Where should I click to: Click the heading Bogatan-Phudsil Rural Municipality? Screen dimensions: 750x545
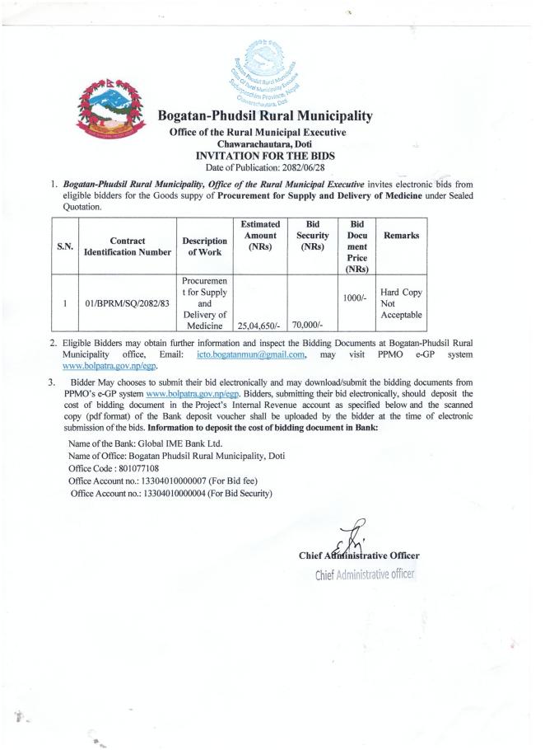pyautogui.click(x=264, y=116)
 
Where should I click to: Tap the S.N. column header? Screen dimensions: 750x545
pyautogui.click(x=64, y=245)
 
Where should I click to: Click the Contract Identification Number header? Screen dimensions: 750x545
pyautogui.click(x=128, y=246)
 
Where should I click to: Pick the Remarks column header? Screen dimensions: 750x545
pyautogui.click(x=400, y=236)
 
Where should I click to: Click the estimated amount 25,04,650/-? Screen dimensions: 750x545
pyautogui.click(x=259, y=326)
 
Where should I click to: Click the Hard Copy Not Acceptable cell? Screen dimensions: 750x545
pyautogui.click(x=401, y=304)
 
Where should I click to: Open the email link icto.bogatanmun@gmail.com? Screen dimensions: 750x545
pyautogui.click(x=252, y=354)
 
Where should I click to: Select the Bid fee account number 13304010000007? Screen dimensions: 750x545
pyautogui.click(x=185, y=480)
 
